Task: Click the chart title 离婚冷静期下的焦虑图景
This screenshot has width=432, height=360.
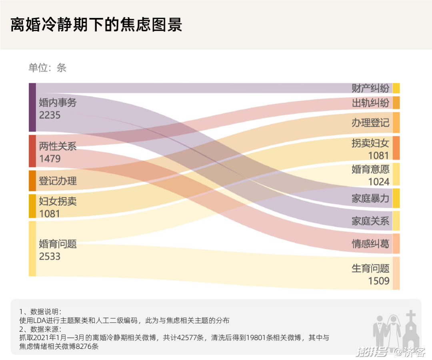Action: click(x=96, y=24)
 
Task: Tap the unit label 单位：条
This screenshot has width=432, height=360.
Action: click(x=47, y=68)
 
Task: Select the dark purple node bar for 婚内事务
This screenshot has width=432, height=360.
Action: click(x=32, y=107)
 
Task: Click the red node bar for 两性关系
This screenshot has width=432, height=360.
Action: click(x=32, y=151)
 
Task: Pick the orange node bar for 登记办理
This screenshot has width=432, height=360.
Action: click(x=32, y=181)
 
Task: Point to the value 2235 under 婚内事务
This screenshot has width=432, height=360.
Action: click(x=50, y=115)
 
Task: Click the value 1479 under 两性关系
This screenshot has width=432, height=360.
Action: click(x=50, y=159)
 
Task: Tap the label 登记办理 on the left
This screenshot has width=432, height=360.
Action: click(x=58, y=181)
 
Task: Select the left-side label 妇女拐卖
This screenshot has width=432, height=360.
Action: click(x=58, y=201)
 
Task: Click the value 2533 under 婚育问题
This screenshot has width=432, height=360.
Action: click(x=50, y=256)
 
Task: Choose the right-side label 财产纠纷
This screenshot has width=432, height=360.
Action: click(x=370, y=88)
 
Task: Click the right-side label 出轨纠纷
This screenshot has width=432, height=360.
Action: click(x=370, y=103)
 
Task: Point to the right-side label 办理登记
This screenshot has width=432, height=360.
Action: click(x=370, y=123)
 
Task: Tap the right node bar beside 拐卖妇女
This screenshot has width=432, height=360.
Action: click(x=396, y=148)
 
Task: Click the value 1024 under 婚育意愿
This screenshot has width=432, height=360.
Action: click(x=378, y=182)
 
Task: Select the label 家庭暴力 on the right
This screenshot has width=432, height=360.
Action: click(x=370, y=199)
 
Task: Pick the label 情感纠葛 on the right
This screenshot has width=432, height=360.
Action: click(x=370, y=244)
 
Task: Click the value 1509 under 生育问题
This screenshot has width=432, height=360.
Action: click(x=378, y=281)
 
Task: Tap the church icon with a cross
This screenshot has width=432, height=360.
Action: click(x=412, y=330)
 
